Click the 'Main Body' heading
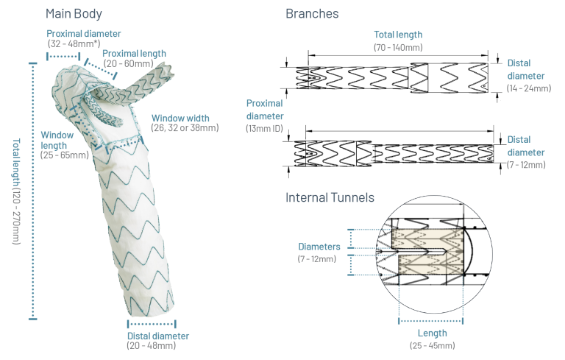coord(74,13)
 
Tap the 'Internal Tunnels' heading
coord(330,197)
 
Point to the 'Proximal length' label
coord(134,54)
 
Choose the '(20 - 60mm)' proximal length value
coord(129,64)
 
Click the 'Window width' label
coord(180,118)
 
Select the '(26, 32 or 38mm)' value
coord(184,128)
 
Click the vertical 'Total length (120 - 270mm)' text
coord(16,191)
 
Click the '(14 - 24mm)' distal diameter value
coord(528,88)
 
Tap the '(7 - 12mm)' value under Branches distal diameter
coord(527,165)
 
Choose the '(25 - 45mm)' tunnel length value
coord(432,345)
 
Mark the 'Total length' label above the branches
coord(397,35)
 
